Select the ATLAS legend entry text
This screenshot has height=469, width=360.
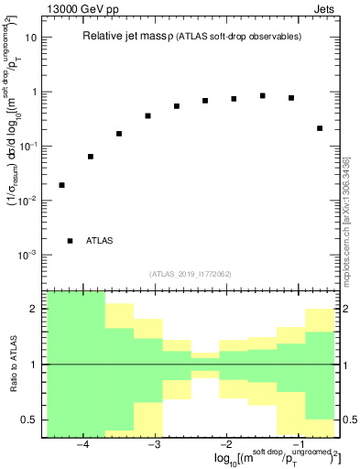[x=100, y=241]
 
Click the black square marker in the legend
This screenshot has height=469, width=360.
[x=71, y=241]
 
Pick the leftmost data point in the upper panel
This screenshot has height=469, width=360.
[x=61, y=185]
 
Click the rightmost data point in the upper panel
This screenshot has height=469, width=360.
[x=320, y=128]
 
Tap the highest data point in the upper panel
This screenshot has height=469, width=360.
[x=263, y=95]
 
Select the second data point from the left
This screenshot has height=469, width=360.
[x=91, y=157]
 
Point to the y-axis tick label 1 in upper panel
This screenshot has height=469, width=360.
[x=35, y=92]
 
